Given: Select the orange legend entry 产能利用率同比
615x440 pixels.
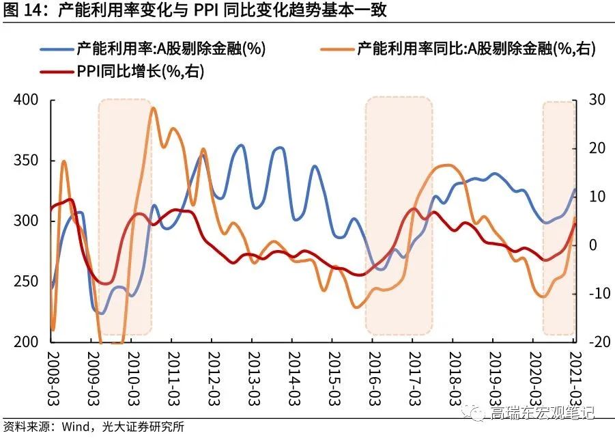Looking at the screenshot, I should pyautogui.click(x=471, y=49).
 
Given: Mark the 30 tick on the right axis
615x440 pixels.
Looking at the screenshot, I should pyautogui.click(x=591, y=100).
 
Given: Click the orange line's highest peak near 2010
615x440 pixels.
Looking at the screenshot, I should pyautogui.click(x=153, y=108).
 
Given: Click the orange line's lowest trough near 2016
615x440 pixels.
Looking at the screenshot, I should pyautogui.click(x=356, y=307).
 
